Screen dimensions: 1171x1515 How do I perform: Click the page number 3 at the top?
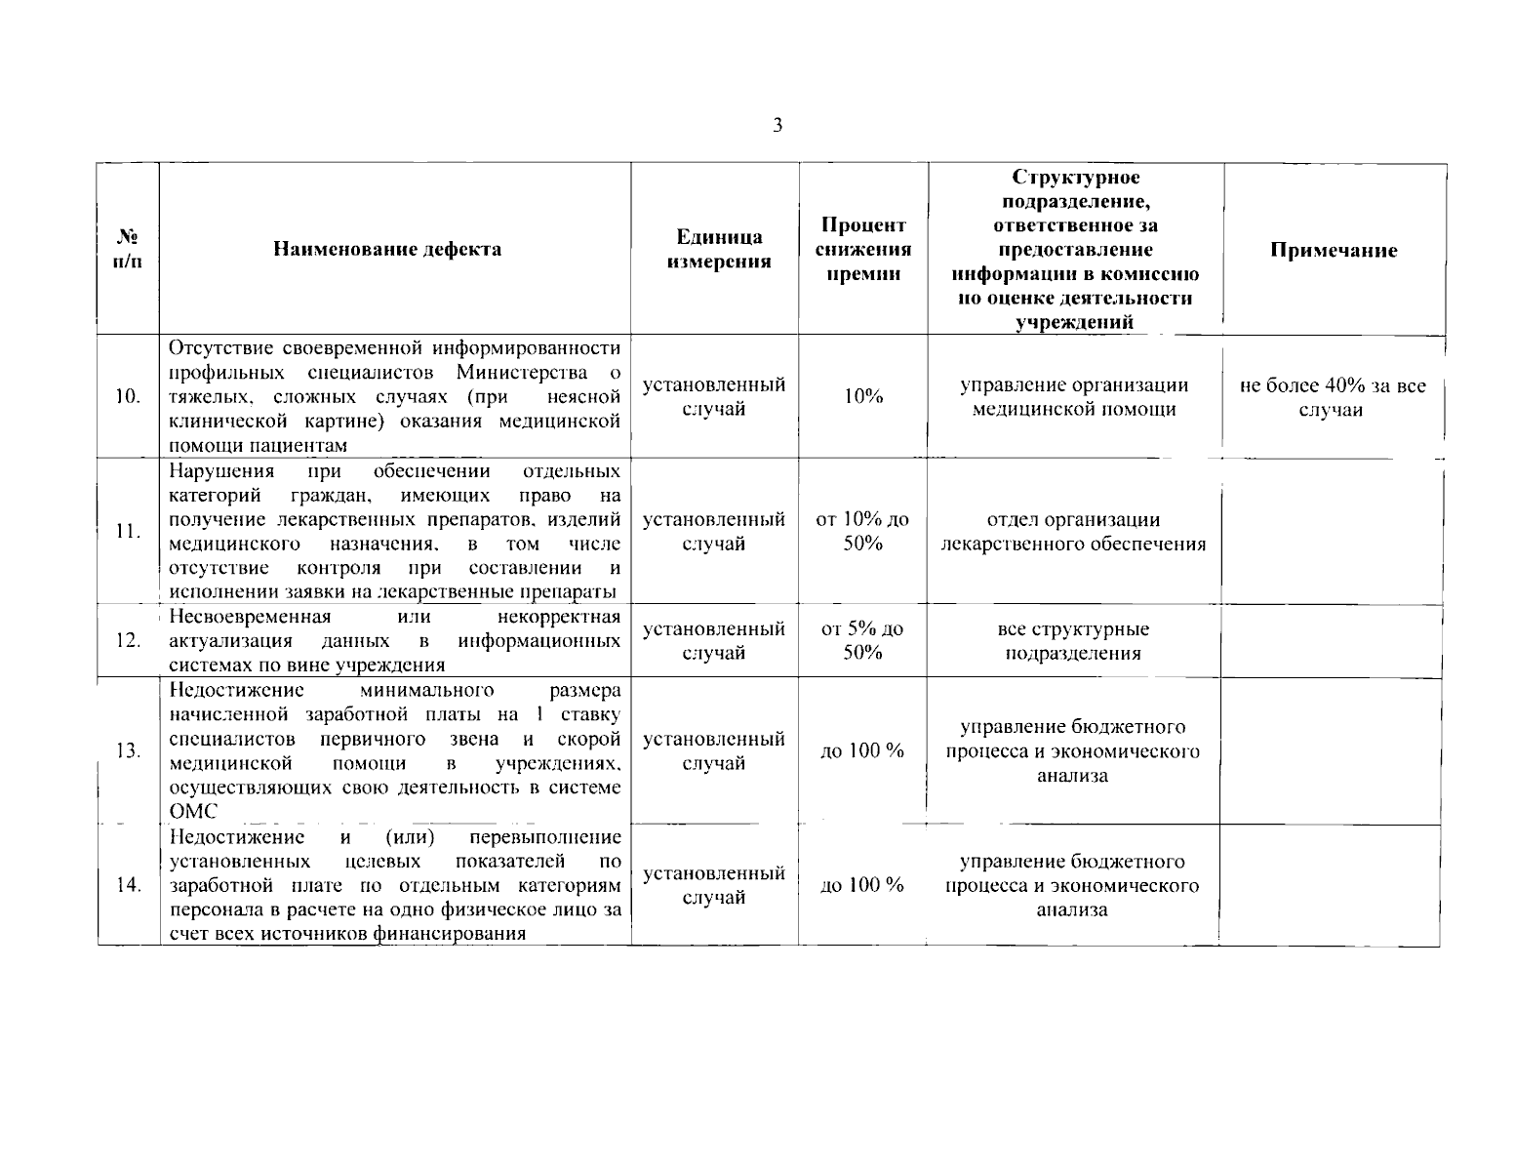[777, 125]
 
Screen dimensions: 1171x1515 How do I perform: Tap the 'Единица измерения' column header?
[719, 249]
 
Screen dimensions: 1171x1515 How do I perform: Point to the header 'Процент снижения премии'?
[862, 250]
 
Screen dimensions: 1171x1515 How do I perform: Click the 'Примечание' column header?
[1333, 250]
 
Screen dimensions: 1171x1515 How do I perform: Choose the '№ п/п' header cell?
[127, 250]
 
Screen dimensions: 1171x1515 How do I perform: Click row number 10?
[128, 396]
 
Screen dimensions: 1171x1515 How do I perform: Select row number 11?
[128, 531]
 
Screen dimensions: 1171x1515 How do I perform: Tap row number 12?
[128, 640]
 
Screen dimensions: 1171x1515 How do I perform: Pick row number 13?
[128, 750]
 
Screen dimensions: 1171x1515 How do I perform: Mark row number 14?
[128, 884]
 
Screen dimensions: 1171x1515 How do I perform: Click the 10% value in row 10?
[862, 396]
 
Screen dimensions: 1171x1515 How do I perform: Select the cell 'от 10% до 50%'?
[862, 531]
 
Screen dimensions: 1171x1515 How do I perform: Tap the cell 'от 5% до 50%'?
[862, 640]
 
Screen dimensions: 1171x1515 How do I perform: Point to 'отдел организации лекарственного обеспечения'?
[1073, 532]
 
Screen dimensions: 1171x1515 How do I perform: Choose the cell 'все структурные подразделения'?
[1073, 641]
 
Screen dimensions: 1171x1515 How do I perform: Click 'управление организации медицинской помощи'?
[1073, 397]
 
